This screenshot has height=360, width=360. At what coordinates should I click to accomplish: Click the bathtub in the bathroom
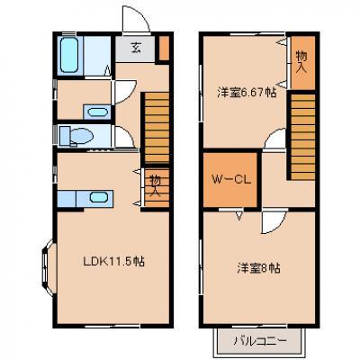[x=69, y=55]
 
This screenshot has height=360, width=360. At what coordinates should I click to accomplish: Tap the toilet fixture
[x=76, y=136]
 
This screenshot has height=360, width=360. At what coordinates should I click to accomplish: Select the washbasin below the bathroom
[x=97, y=112]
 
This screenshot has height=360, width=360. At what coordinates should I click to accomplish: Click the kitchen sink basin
[x=99, y=197]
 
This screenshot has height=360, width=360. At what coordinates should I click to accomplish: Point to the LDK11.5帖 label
[x=113, y=262]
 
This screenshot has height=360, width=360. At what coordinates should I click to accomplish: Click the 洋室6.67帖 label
[x=247, y=93]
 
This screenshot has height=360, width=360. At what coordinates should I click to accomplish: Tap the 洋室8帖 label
[x=259, y=268]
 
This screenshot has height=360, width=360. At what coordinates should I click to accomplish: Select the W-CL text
[x=231, y=179]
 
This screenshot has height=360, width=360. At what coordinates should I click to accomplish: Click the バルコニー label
[x=260, y=341]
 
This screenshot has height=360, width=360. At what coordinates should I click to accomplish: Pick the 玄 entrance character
[x=136, y=48]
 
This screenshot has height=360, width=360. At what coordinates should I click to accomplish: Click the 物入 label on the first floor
[x=156, y=186]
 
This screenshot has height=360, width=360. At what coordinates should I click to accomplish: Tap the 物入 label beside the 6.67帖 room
[x=301, y=61]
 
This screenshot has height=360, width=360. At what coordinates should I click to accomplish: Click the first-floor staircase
[x=157, y=128]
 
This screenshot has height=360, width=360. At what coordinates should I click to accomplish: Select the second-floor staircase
[x=302, y=137]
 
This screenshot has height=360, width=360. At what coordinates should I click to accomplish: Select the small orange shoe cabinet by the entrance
[x=164, y=48]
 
